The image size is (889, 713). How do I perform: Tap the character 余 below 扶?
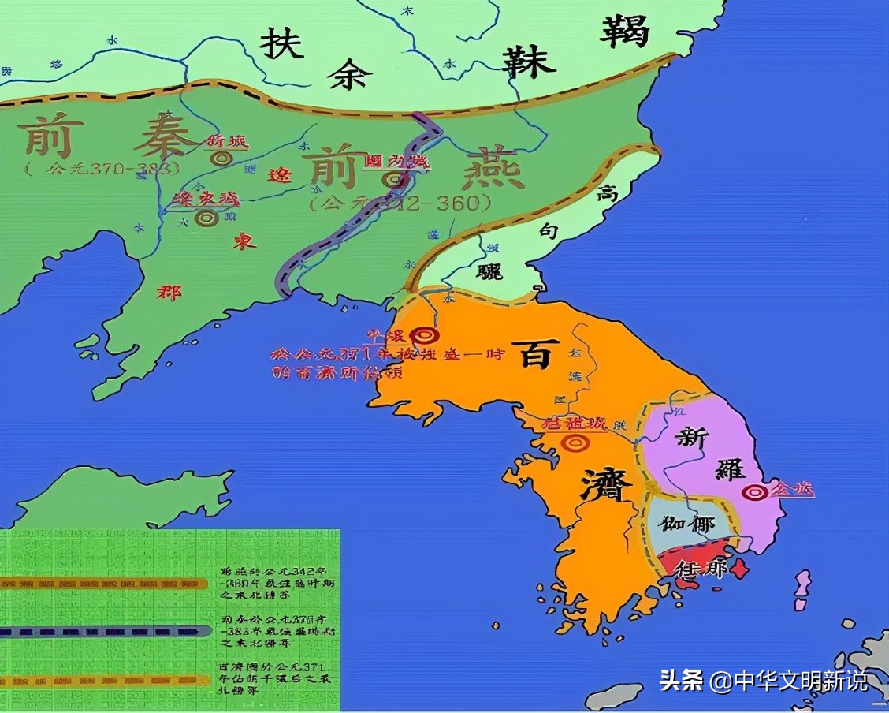click(x=350, y=73)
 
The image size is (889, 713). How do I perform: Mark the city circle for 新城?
click(x=222, y=158)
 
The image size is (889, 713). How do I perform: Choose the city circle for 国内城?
click(x=392, y=180)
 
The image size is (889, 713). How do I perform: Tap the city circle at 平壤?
click(x=426, y=337)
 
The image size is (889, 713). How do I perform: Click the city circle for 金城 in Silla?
click(x=755, y=492)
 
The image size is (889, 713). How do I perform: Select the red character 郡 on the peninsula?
click(x=169, y=293)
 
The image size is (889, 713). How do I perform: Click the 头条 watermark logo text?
click(x=681, y=680)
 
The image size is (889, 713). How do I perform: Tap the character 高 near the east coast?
click(x=606, y=192)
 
